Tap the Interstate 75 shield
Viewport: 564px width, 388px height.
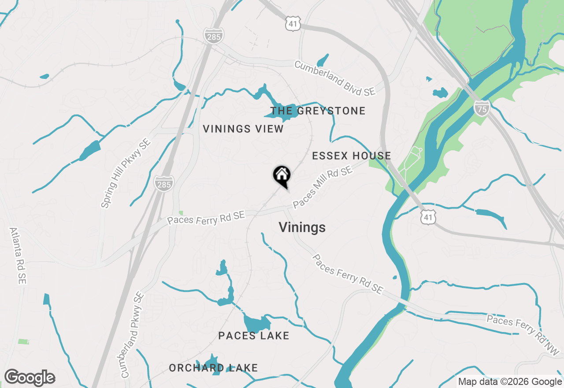click(x=482, y=108)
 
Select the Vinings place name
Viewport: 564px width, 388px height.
click(x=302, y=228)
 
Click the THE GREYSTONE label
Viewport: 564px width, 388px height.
click(x=318, y=111)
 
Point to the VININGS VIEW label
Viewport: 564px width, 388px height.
click(x=243, y=129)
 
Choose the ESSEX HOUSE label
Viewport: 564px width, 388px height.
click(x=351, y=156)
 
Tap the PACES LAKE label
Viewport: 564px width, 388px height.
click(x=254, y=336)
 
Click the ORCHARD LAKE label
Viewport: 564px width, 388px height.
click(x=213, y=368)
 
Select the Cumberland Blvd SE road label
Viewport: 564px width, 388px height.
click(x=335, y=78)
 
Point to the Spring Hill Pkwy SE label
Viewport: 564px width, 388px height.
click(x=126, y=173)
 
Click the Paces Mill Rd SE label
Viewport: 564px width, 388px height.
click(x=323, y=187)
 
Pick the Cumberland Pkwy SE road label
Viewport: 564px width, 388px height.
click(x=132, y=335)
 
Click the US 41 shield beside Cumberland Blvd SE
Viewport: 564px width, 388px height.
click(x=293, y=24)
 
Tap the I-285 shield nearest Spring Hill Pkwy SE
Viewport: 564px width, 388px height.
click(x=163, y=183)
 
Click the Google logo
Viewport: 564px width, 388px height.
click(x=30, y=377)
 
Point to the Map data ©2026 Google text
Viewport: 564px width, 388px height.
click(x=510, y=382)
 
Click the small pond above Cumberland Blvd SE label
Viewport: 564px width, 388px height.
click(x=323, y=60)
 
